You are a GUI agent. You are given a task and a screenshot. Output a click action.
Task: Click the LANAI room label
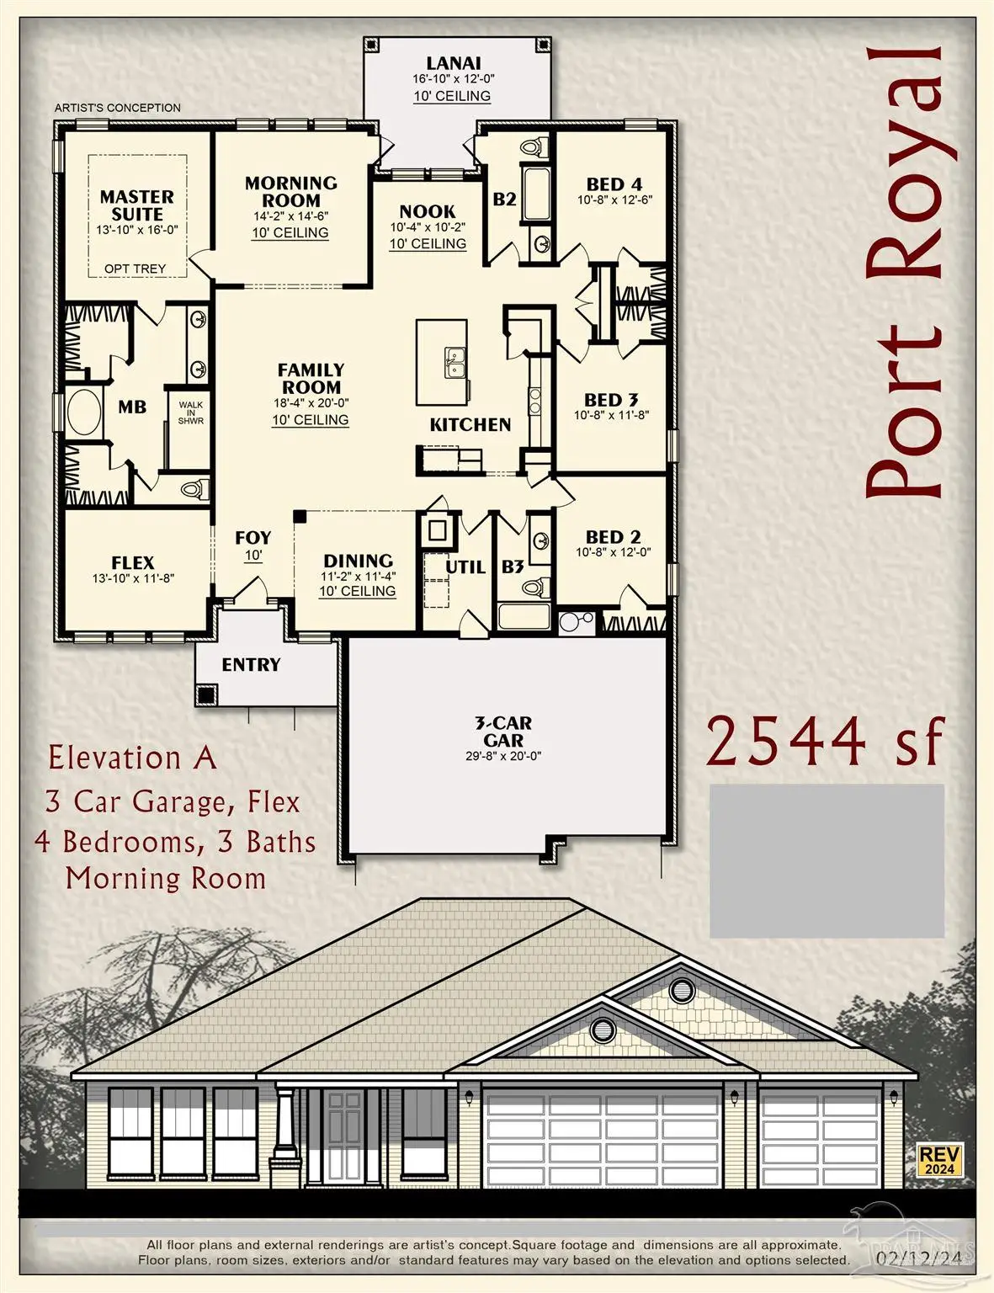tap(453, 63)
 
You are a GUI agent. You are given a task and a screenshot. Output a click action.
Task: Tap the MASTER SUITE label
tap(136, 205)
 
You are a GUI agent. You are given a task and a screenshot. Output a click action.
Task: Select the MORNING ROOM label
tap(290, 192)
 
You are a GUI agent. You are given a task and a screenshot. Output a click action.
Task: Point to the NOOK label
tap(428, 211)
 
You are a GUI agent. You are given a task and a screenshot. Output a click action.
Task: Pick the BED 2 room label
tap(613, 537)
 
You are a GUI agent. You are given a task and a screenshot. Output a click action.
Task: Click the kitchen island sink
tap(455, 364)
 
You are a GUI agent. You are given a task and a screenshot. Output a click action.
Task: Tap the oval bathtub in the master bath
tap(83, 412)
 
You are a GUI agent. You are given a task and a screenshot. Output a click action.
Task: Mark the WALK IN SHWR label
tap(190, 412)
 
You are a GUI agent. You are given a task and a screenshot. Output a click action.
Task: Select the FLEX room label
tap(133, 562)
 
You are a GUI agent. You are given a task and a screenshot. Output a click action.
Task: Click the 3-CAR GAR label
tap(503, 732)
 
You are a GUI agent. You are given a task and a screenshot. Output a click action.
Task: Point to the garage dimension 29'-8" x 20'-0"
tap(503, 756)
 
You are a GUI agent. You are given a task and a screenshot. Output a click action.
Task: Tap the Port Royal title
tap(905, 269)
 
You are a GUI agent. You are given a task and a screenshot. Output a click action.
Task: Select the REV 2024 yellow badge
tap(939, 1159)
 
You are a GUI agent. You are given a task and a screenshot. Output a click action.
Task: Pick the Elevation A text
tap(133, 758)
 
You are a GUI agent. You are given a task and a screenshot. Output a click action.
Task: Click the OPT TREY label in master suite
tap(135, 269)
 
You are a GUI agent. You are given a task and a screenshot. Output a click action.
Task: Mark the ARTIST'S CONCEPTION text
tap(118, 108)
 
